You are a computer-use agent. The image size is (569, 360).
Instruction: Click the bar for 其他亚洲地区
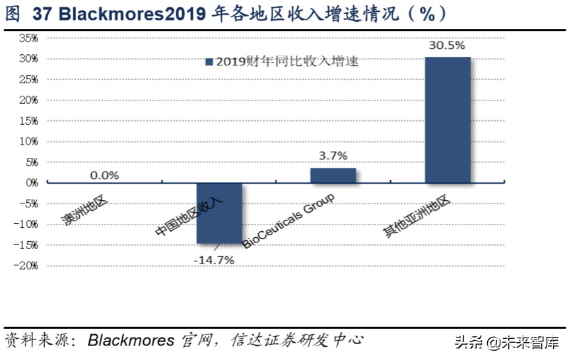click(x=448, y=120)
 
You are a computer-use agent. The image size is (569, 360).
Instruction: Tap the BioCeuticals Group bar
click(x=333, y=175)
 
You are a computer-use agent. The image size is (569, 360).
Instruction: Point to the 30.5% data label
click(x=447, y=46)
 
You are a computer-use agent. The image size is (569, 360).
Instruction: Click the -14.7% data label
click(x=214, y=260)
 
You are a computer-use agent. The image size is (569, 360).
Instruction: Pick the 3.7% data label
click(x=333, y=156)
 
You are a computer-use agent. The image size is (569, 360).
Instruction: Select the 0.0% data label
click(x=104, y=175)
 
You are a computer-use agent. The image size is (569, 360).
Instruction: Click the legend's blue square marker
click(x=209, y=62)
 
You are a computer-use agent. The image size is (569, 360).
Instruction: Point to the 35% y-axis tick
click(x=28, y=38)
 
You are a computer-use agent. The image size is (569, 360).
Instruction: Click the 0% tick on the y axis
click(x=32, y=183)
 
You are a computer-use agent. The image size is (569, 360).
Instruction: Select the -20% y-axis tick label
click(x=26, y=266)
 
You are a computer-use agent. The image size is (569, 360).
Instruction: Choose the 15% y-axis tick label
click(x=28, y=121)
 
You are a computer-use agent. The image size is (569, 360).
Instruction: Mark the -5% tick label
click(x=28, y=203)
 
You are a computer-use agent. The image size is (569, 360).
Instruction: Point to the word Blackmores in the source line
click(x=131, y=341)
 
